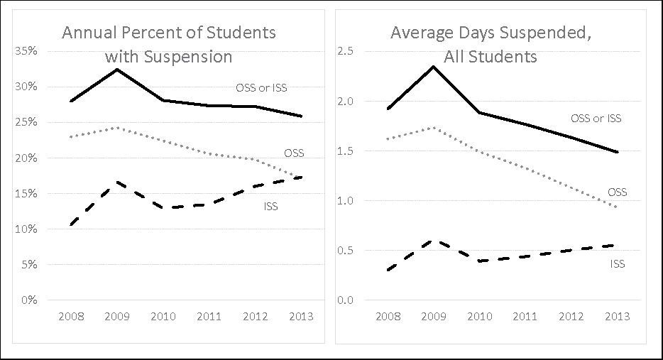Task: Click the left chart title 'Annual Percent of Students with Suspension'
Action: pos(168,44)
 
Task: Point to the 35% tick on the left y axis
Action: pos(28,51)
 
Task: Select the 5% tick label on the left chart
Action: pos(31,264)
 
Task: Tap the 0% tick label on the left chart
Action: pos(31,300)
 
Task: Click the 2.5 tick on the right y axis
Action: pos(345,51)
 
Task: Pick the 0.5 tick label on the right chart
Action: pos(345,250)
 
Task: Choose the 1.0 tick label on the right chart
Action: pos(345,200)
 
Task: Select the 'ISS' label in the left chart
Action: pos(270,207)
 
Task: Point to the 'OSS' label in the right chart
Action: pos(617,192)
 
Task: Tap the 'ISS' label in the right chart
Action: pos(617,264)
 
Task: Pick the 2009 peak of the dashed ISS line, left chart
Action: pos(116,182)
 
